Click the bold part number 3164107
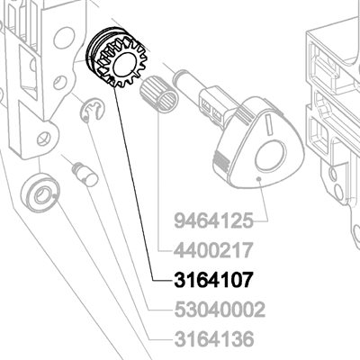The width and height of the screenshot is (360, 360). [213, 280]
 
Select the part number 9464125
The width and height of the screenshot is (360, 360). [214, 220]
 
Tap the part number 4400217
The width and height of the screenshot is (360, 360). [213, 250]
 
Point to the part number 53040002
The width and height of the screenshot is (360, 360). [220, 310]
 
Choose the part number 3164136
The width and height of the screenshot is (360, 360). [214, 339]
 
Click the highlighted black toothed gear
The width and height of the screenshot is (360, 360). [115, 57]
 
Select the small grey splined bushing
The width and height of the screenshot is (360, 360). [159, 94]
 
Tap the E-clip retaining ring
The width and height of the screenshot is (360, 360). [91, 112]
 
